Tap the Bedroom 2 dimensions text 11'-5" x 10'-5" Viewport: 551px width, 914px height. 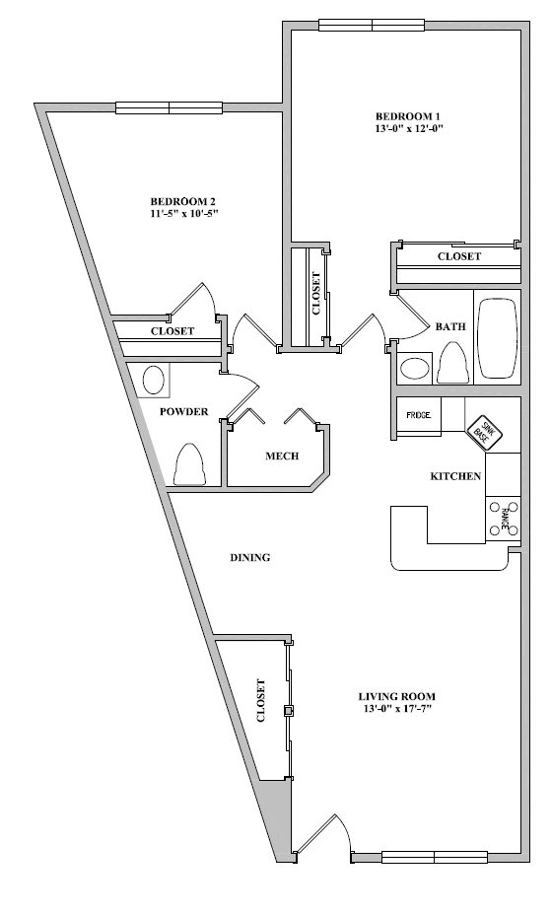184,213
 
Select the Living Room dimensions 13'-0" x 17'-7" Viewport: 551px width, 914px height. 396,709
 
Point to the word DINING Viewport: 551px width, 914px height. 250,558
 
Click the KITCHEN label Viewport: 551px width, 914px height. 455,477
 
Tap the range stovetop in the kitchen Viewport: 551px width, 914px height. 504,519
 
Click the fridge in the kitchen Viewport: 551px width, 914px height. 419,416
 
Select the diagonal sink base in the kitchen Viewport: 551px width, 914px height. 484,432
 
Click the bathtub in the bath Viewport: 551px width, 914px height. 498,339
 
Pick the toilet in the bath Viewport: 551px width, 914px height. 452,363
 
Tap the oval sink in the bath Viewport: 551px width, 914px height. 415,369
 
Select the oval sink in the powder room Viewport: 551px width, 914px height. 154,380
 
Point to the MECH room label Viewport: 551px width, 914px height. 282,457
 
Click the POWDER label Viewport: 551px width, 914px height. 184,412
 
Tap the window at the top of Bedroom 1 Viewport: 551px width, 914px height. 373,25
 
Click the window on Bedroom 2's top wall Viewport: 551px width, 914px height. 169,107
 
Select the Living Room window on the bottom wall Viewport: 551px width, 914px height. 435,857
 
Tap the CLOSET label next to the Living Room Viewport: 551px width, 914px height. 261,700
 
